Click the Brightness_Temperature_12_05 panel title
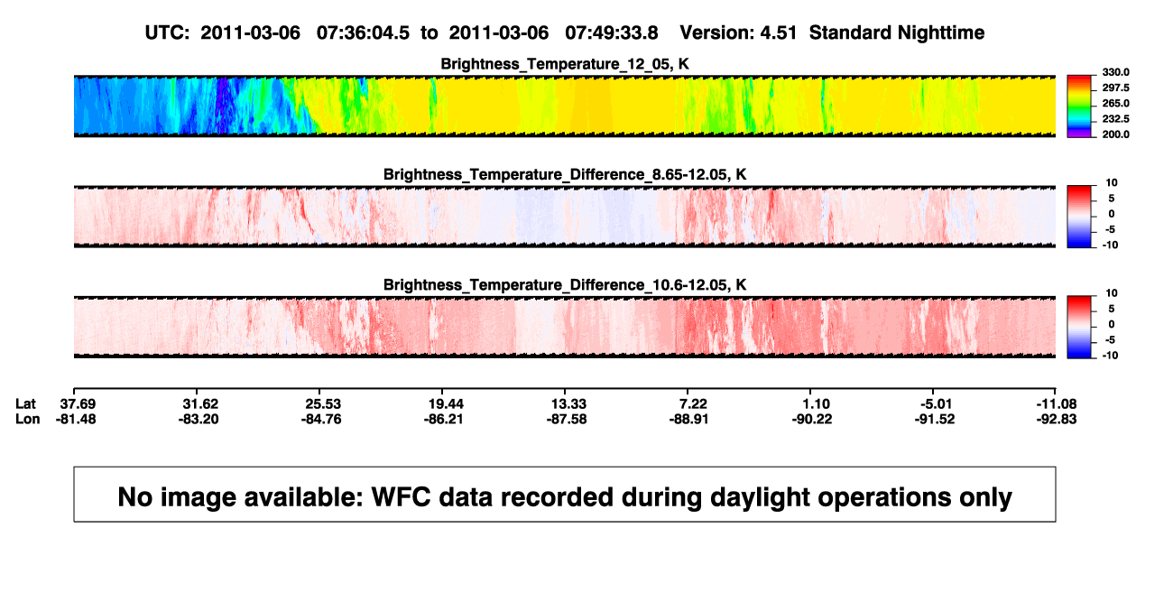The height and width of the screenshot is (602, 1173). pos(564,64)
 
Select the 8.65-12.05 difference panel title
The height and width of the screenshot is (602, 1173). pos(565,174)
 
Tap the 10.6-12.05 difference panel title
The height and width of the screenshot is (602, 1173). pos(565,285)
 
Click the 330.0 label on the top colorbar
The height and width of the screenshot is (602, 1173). pos(1115,72)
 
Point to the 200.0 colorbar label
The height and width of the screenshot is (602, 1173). pos(1115,134)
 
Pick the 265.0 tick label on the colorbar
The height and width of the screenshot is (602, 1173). pos(1115,103)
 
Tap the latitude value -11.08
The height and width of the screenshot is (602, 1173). pos(1057,404)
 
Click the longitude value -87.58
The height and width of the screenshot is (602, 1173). pos(567,419)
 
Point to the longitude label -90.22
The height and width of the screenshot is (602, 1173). pos(812,419)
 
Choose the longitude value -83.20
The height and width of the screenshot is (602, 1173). pos(199,419)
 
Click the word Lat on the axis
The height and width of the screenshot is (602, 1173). pos(25,404)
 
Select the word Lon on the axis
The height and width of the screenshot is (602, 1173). pos(28,419)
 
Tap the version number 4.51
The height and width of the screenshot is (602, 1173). pos(778,33)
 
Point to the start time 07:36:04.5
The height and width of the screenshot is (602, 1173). pos(363,33)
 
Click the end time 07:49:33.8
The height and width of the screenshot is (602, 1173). pos(612,33)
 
